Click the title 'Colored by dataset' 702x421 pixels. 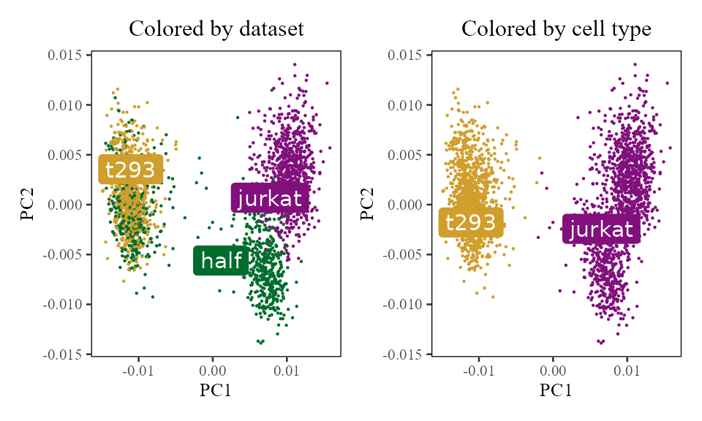[x=216, y=29]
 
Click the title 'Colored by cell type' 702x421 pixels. [x=556, y=29]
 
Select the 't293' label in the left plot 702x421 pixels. [x=130, y=170]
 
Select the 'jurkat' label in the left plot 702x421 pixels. [x=270, y=198]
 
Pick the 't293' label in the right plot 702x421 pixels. [x=471, y=223]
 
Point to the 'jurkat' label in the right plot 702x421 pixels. [x=601, y=230]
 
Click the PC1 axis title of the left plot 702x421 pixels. [x=216, y=391]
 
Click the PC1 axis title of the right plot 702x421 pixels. [x=556, y=391]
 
